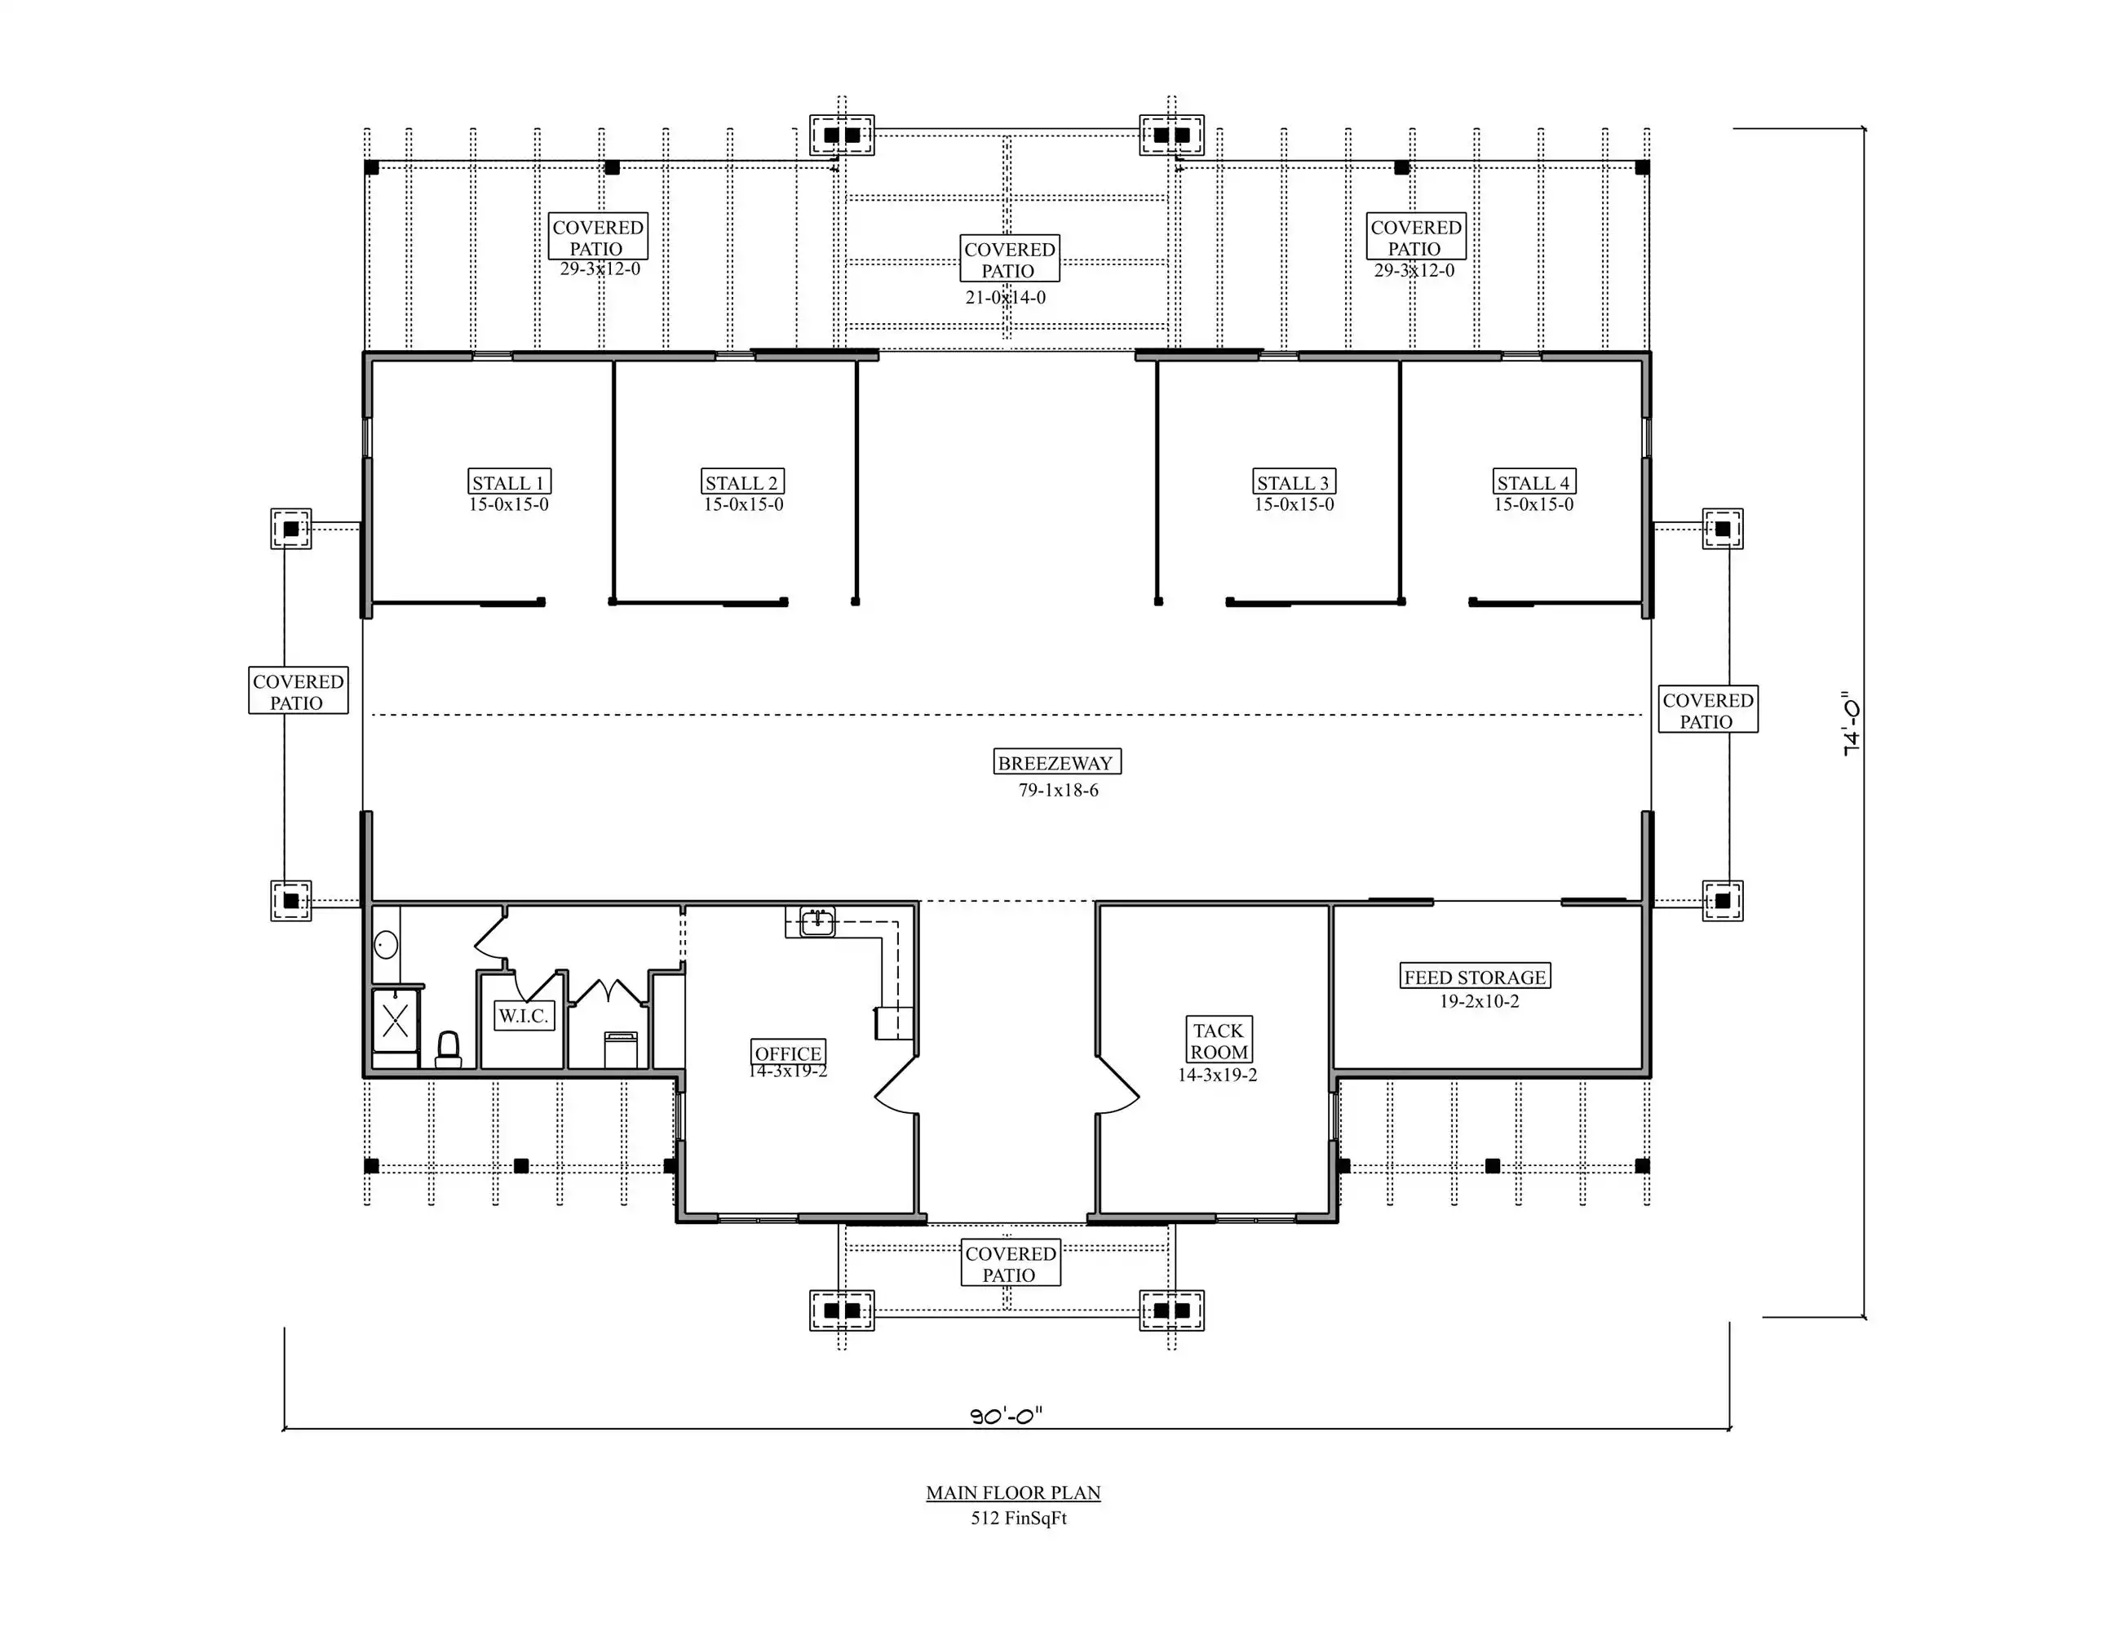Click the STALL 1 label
509,482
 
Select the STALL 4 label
1534,482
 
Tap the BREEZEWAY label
1056,762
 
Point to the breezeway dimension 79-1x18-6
1059,790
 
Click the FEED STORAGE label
1475,977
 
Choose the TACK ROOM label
1219,1040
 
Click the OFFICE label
789,1052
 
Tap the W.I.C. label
524,1015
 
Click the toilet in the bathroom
449,1049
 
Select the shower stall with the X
396,1020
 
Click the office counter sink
817,921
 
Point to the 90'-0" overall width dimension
1007,1417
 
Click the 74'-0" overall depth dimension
1851,723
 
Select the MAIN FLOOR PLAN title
1013,1492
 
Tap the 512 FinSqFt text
1019,1518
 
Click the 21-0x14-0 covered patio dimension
1005,298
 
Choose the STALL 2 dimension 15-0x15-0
743,504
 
